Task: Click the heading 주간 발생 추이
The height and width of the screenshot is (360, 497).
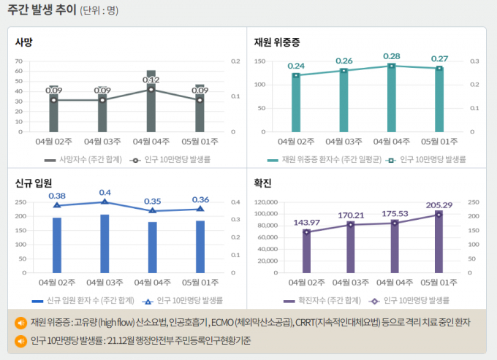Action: pos(42,10)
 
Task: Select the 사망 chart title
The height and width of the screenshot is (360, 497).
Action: pos(25,42)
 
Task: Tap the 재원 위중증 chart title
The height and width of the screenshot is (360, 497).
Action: pos(276,42)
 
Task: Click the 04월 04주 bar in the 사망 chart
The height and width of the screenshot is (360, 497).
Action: pos(151,102)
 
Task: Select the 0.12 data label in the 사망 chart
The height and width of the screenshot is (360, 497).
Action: pos(151,80)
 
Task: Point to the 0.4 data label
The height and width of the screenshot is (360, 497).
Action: pos(105,192)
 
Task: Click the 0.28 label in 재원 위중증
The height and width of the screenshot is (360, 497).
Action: pos(392,56)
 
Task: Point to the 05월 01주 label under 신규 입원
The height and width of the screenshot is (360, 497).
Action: pos(200,282)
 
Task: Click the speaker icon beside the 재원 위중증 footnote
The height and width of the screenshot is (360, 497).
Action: pos(20,322)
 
